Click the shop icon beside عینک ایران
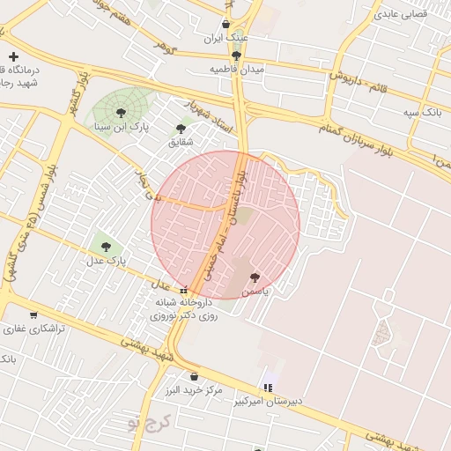[x=227, y=25]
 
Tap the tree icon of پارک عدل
[x=106, y=248]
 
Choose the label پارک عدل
[x=106, y=262]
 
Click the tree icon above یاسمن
[x=255, y=277]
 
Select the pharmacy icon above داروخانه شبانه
[x=183, y=291]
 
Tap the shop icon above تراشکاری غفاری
[x=33, y=314]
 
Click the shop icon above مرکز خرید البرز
[x=194, y=376]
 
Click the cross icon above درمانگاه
[x=12, y=55]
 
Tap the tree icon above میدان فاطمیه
[x=236, y=55]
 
